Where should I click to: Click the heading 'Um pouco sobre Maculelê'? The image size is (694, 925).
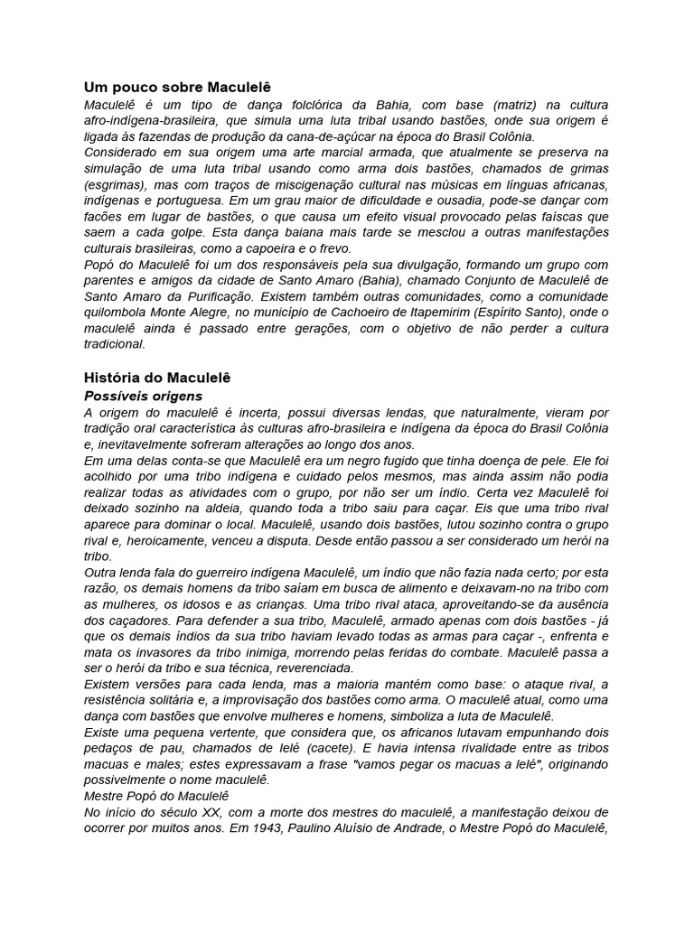(177, 88)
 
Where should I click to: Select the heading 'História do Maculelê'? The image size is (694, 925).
(158, 378)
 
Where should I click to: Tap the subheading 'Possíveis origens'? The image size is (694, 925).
(143, 396)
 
